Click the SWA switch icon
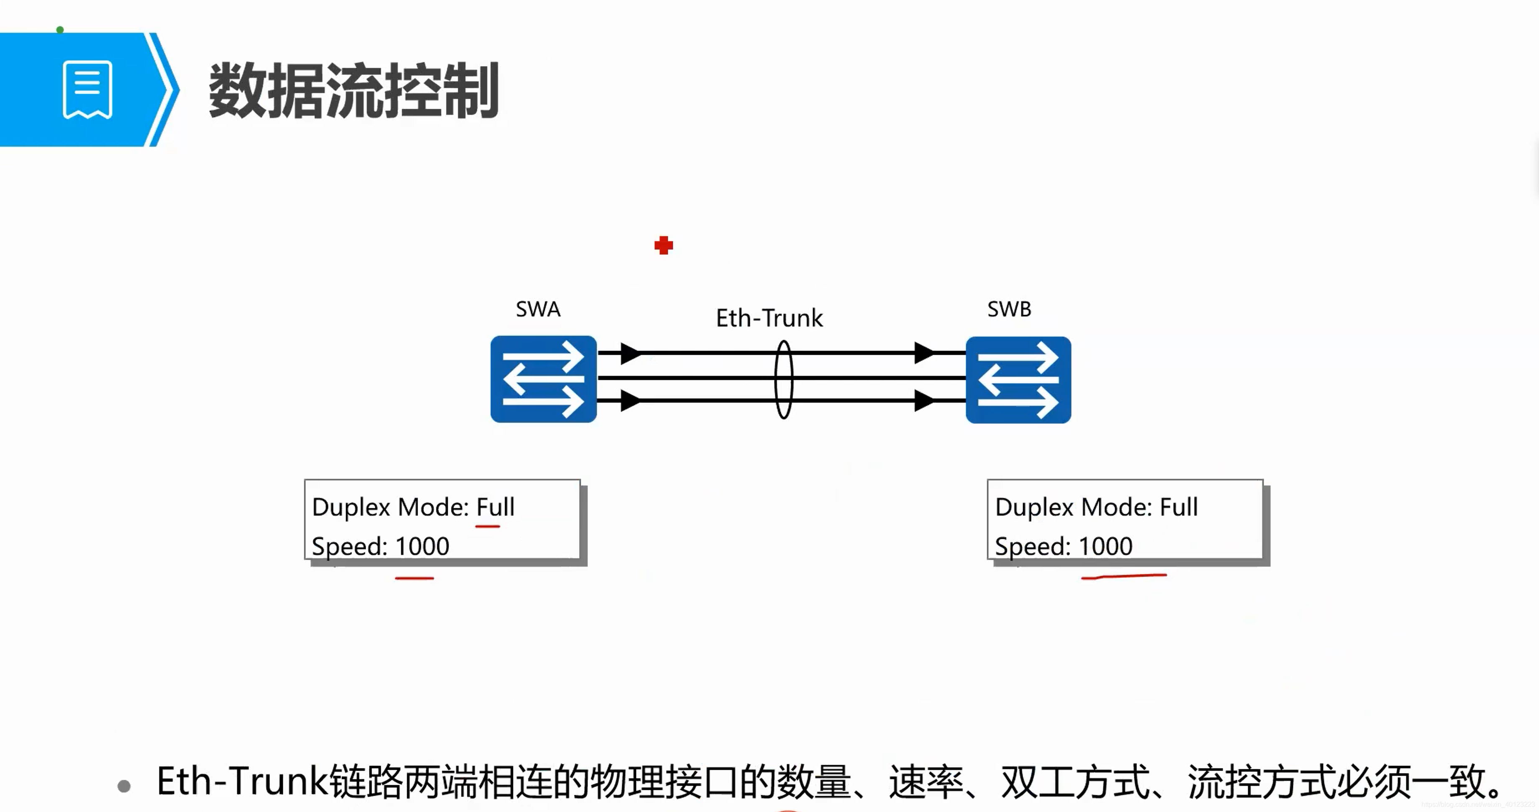tap(543, 379)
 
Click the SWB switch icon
tap(1018, 379)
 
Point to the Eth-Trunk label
tap(769, 318)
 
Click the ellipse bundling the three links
tap(783, 379)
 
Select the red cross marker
tap(663, 245)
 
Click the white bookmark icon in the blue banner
tap(87, 90)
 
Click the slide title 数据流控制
tap(353, 91)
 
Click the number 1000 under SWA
tap(422, 546)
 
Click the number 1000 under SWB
tap(1105, 546)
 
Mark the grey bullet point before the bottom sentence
tap(124, 786)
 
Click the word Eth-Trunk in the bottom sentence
tap(242, 781)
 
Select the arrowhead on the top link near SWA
tap(630, 353)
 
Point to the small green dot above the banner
tap(60, 29)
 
